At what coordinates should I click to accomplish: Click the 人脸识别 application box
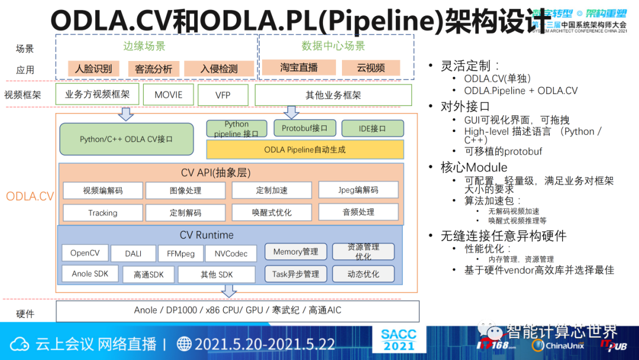[93, 69]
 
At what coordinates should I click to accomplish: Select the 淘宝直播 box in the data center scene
[299, 67]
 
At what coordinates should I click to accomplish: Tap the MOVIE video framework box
[169, 95]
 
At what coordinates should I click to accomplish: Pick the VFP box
[223, 95]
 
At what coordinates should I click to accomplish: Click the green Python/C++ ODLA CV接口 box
[127, 140]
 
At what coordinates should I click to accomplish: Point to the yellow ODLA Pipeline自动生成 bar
[305, 150]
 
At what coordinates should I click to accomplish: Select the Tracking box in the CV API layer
[103, 213]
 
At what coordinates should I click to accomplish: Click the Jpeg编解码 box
[358, 190]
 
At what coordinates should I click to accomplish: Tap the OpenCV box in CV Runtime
[85, 253]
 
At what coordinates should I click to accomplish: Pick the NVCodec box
[231, 253]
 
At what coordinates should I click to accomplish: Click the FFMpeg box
[180, 253]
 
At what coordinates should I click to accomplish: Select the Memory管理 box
[295, 252]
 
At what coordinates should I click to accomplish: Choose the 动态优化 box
[363, 274]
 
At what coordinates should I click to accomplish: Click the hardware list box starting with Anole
[237, 311]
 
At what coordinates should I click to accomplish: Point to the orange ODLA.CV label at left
[30, 197]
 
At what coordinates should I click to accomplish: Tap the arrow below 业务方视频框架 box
[126, 114]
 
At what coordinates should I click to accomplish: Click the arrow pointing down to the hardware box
[228, 291]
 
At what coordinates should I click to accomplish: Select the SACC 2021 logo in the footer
[399, 340]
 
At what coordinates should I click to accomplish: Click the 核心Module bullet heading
[473, 168]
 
